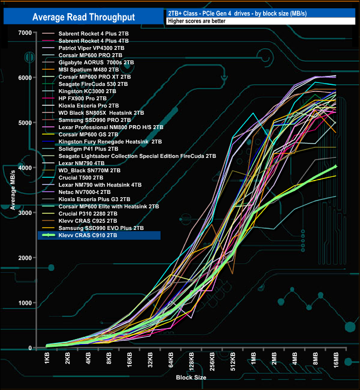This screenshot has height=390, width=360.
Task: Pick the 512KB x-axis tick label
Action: (233, 363)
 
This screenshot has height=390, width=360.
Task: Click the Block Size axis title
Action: (192, 378)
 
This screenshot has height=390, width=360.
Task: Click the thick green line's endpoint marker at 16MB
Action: (336, 166)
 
